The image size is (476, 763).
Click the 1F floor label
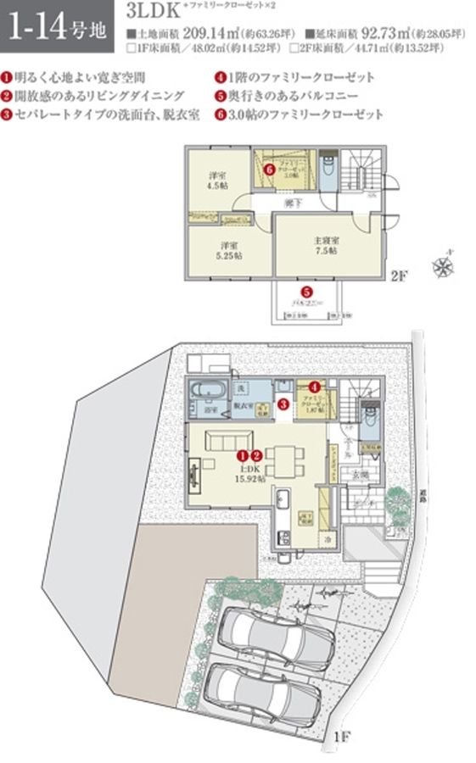(x=341, y=737)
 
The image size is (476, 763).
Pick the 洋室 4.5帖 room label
(x=216, y=181)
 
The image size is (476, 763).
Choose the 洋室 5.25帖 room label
(x=227, y=249)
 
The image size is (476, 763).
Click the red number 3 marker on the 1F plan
(x=283, y=404)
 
